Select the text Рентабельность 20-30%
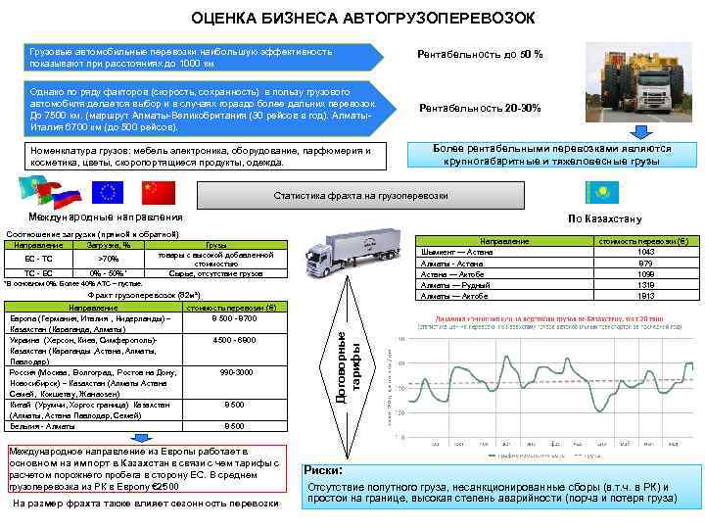480,108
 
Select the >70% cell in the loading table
108,258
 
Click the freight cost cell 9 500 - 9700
233,318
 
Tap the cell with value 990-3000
235,372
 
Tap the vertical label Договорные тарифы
350,367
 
